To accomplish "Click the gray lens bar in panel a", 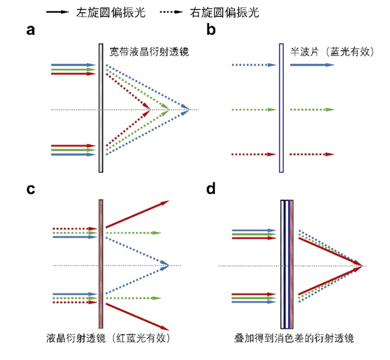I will pos(101,108).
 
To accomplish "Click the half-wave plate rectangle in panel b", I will pos(281,108).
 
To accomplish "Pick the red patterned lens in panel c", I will pos(101,264).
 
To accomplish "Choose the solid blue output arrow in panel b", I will pos(312,64).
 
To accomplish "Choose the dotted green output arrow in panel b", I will pos(312,110).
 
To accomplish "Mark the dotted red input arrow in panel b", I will pos(251,154).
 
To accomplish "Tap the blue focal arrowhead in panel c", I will pos(165,264).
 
